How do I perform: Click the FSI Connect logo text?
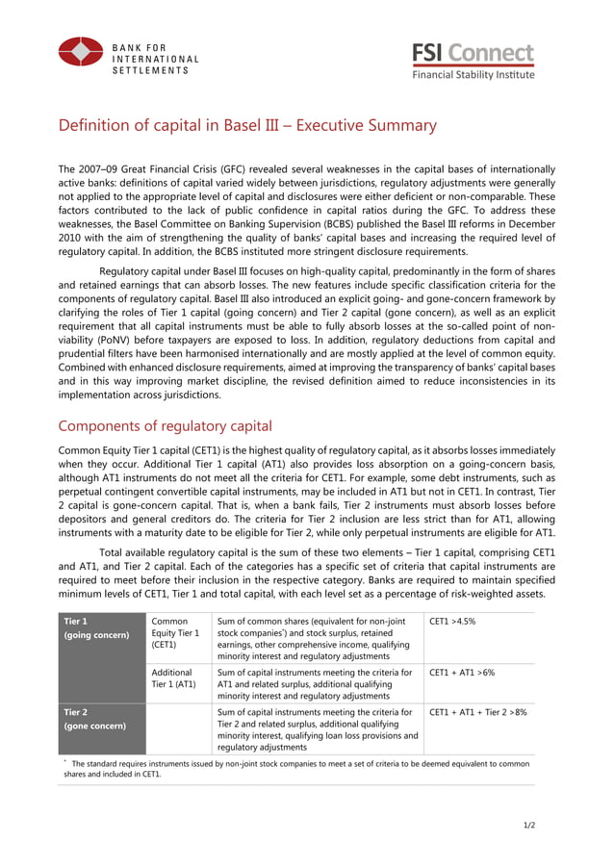click(473, 53)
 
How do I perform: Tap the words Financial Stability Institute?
click(473, 74)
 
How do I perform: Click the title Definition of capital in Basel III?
click(247, 126)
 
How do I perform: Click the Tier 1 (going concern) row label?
click(93, 628)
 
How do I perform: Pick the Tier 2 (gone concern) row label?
click(93, 719)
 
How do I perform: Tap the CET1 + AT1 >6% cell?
click(462, 673)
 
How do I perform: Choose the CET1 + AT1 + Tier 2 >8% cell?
click(477, 712)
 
